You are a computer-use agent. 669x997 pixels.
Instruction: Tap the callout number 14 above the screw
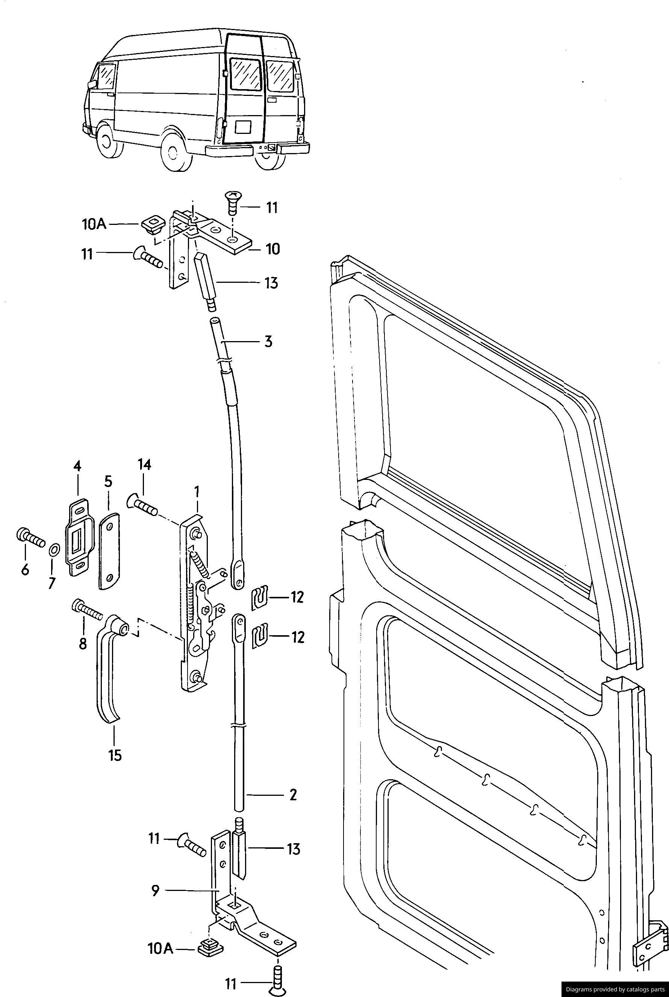(x=144, y=465)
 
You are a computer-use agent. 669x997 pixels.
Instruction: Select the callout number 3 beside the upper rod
(x=268, y=342)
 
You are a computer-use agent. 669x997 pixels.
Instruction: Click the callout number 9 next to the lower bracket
(x=155, y=891)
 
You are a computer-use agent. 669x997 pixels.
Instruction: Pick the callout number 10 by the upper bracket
(x=272, y=249)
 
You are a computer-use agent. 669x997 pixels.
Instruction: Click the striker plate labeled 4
(x=79, y=538)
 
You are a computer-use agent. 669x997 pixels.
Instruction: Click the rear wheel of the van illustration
(x=174, y=152)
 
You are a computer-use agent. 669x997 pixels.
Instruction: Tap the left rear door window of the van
(x=245, y=75)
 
